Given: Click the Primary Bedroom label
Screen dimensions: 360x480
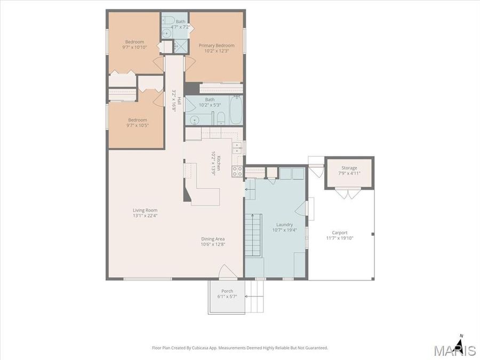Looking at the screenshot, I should [x=217, y=46].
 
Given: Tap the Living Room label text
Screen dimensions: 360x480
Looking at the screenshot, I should [x=145, y=210].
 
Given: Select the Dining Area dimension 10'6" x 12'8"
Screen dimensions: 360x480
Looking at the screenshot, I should [x=212, y=245].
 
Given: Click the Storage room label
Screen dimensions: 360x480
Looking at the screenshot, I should [x=349, y=168].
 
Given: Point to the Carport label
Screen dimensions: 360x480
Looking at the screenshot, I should [x=340, y=233].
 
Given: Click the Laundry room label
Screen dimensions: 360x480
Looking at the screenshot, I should [x=284, y=225].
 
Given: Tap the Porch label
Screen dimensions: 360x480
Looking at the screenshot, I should [x=227, y=291].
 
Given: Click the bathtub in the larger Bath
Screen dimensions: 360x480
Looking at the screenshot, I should [x=235, y=110].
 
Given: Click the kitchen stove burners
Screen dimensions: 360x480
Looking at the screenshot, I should [x=237, y=171].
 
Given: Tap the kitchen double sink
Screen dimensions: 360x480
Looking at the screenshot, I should [x=237, y=147].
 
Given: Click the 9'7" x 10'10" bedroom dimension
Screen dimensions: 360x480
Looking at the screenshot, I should [x=135, y=47].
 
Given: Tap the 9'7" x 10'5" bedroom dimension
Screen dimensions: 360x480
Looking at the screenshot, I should [x=137, y=126].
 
